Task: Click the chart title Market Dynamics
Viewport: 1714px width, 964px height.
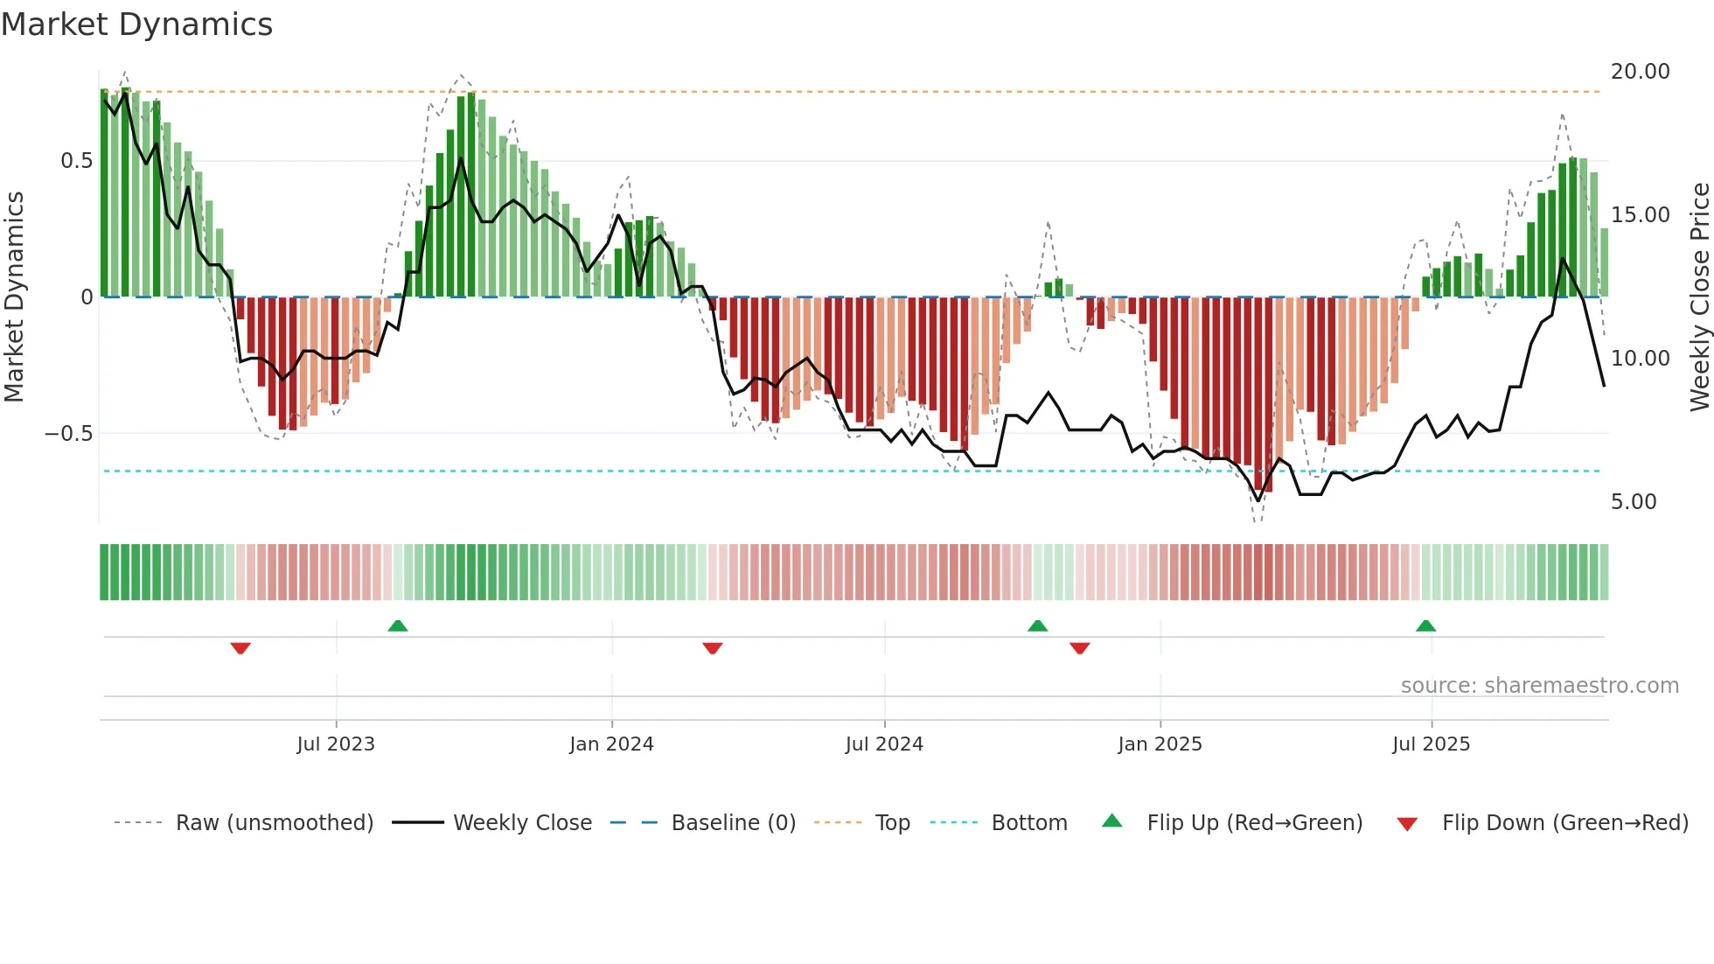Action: (x=137, y=24)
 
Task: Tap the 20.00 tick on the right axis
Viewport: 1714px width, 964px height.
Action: (x=1640, y=72)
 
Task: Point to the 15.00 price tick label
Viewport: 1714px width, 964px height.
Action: (x=1640, y=215)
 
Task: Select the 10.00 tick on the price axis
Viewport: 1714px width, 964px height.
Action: (x=1640, y=359)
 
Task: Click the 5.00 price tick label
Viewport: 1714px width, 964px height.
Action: (x=1634, y=502)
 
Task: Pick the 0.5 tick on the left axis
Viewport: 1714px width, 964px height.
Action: (x=76, y=161)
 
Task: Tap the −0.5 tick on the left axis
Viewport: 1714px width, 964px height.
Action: (x=69, y=434)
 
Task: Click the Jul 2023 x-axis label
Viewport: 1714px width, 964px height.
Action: (x=336, y=744)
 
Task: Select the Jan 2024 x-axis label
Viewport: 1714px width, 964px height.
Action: (x=611, y=744)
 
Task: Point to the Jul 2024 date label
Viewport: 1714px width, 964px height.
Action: (x=884, y=744)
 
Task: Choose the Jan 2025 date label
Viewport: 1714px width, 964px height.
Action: (x=1160, y=744)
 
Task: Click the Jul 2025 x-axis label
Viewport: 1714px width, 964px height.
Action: (x=1431, y=744)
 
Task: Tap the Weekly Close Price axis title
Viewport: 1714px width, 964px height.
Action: (x=1699, y=297)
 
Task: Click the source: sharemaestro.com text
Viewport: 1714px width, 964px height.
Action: (x=1539, y=686)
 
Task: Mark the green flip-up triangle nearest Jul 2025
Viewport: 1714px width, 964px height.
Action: (x=1425, y=625)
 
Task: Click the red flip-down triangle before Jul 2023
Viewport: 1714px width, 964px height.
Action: (x=240, y=648)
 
